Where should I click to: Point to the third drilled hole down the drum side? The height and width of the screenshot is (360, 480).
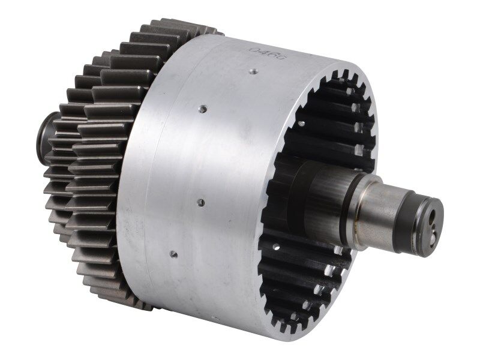200,203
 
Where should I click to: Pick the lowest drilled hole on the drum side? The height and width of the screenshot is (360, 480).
173,253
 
